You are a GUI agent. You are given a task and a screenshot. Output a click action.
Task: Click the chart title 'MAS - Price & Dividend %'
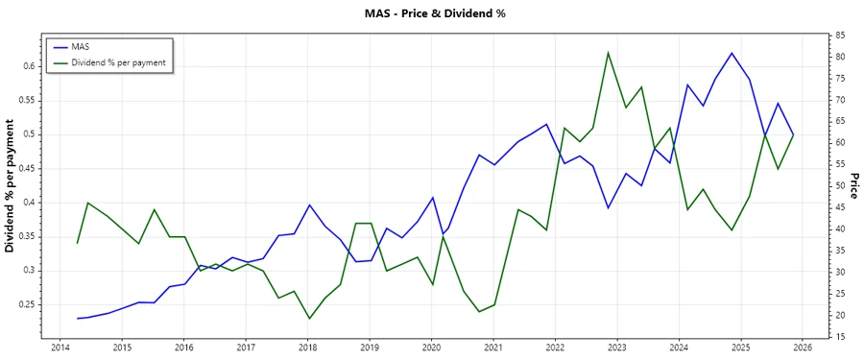click(x=431, y=13)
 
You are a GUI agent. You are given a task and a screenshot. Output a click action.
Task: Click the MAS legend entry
click(x=81, y=46)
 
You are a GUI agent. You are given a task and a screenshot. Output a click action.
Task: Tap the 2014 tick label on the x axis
click(x=60, y=348)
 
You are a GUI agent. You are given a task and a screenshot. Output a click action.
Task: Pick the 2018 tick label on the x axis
click(x=307, y=348)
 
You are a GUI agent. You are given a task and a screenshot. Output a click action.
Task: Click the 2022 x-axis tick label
click(x=555, y=348)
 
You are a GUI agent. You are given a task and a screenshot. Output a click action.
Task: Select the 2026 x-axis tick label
click(x=803, y=348)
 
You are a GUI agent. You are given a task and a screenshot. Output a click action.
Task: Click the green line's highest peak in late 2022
click(x=608, y=52)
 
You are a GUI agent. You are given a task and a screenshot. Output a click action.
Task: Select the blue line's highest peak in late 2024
click(x=732, y=53)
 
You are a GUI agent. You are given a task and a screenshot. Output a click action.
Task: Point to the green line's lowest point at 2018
click(x=309, y=318)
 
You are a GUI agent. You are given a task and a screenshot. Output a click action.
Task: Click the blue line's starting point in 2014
click(x=78, y=318)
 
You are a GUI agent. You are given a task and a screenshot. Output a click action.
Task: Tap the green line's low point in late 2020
click(x=479, y=311)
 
